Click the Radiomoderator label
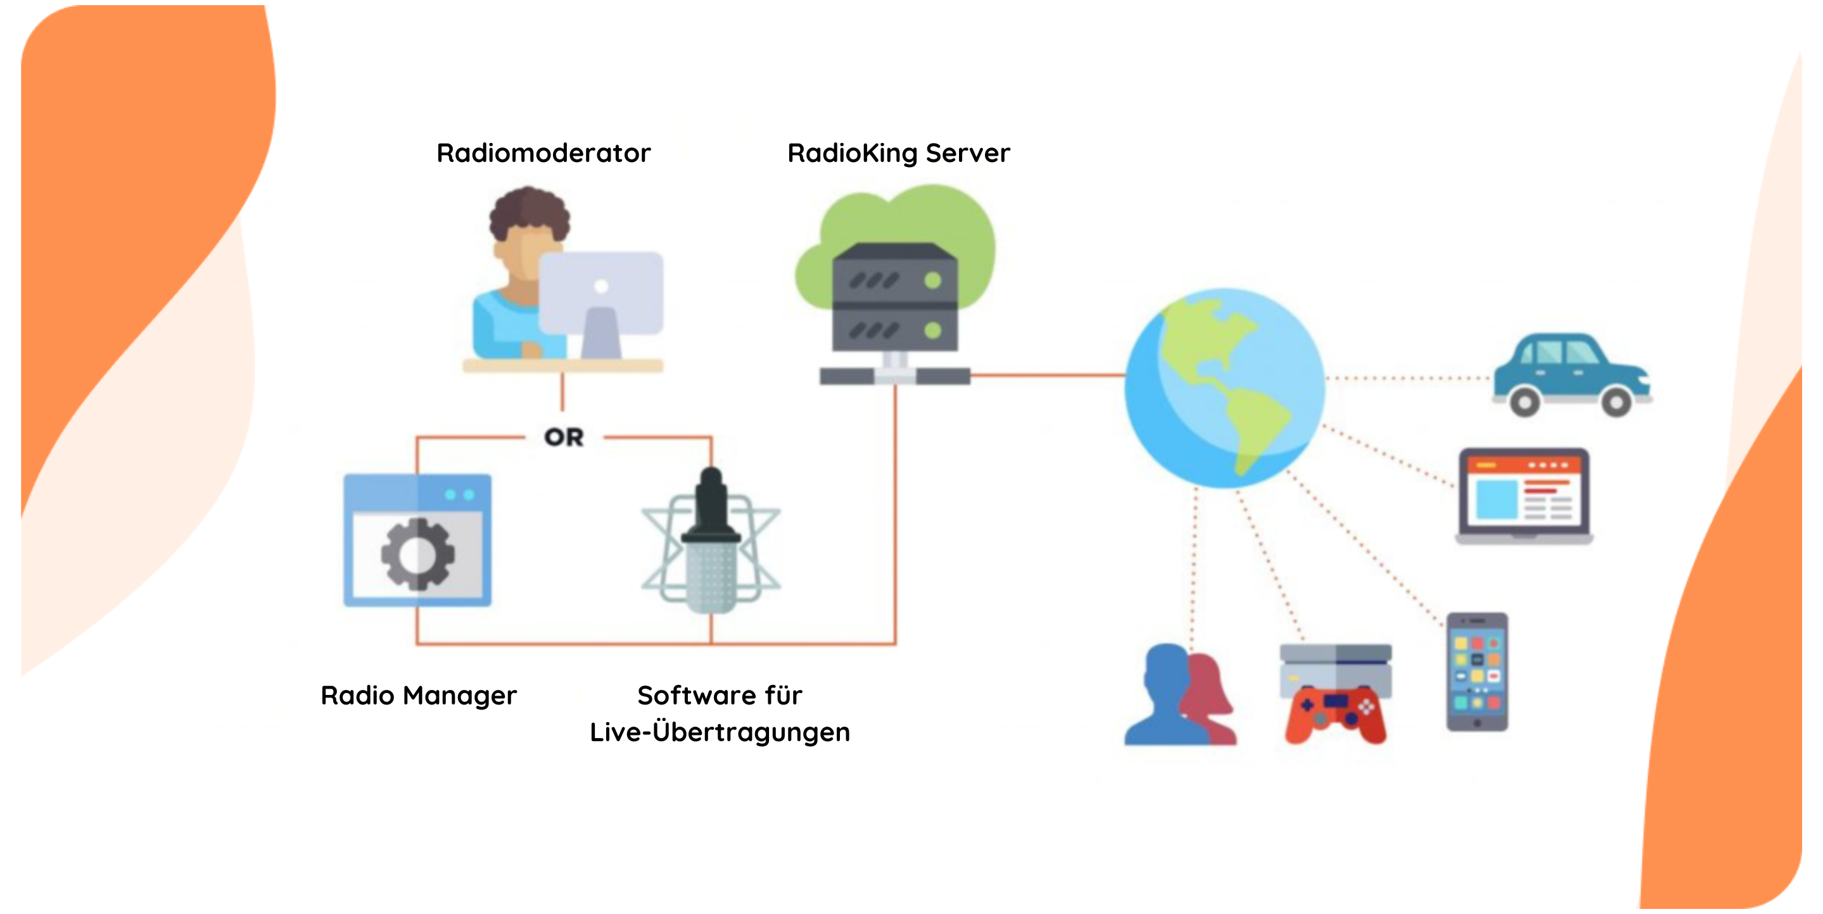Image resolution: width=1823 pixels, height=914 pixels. click(543, 153)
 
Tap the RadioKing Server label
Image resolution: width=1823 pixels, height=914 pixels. click(899, 153)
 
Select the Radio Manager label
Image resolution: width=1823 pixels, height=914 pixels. click(419, 696)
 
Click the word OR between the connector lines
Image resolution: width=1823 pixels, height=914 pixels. click(564, 437)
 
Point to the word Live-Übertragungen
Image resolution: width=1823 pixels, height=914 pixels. click(720, 732)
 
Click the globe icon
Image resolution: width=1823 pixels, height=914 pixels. click(1224, 387)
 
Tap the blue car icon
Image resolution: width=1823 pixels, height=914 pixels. click(1572, 374)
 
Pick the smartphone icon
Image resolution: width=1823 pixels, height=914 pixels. click(1477, 672)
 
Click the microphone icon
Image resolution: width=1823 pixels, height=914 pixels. click(711, 541)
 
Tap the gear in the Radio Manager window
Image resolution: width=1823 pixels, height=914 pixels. click(417, 554)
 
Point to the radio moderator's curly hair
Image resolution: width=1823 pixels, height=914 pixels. click(530, 211)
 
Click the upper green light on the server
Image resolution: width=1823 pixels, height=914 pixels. click(933, 281)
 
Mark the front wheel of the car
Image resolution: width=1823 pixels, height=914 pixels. click(1617, 402)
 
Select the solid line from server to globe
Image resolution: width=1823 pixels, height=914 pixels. click(1048, 375)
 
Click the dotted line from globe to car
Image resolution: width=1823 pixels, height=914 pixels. click(1409, 379)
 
